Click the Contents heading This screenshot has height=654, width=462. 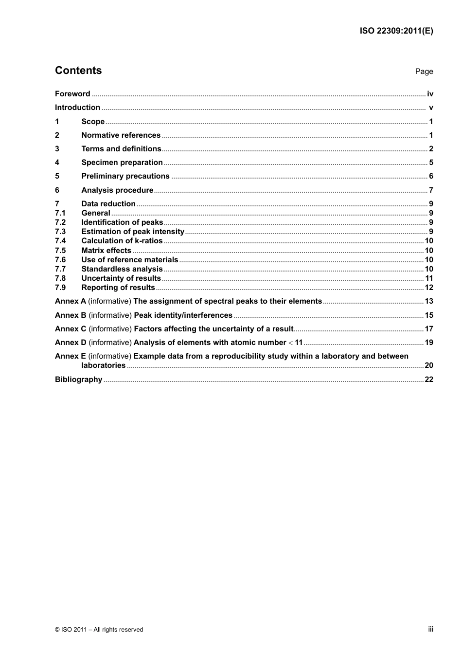78,71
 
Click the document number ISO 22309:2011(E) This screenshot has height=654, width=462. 396,31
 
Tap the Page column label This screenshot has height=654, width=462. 424,72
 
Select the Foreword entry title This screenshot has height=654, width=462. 72,94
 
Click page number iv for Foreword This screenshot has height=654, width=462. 430,94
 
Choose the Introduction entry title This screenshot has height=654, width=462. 77,108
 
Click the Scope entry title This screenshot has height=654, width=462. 93,122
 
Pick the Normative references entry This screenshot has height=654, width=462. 121,135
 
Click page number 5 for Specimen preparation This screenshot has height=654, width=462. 431,163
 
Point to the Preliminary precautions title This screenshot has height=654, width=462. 125,176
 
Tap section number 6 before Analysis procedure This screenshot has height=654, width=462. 57,190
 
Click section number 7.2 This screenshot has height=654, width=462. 60,222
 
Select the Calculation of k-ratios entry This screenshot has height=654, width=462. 122,241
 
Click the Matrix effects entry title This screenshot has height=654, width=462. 106,251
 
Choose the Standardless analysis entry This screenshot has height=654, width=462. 122,269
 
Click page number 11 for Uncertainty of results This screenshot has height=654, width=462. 429,278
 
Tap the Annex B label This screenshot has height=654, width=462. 71,315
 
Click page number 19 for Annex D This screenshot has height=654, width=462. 429,343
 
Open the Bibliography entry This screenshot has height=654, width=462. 78,380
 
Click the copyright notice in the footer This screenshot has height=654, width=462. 99,630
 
